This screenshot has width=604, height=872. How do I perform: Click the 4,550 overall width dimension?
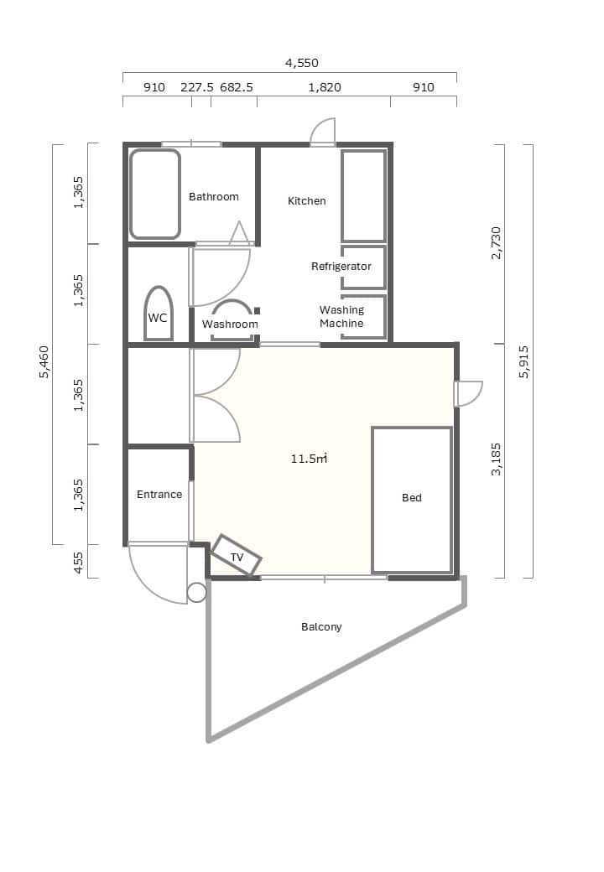[301, 63]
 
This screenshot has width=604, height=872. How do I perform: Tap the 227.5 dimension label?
[197, 87]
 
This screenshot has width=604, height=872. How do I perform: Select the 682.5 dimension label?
[237, 87]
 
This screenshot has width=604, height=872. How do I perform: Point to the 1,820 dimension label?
[325, 87]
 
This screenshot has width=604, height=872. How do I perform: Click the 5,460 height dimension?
[44, 361]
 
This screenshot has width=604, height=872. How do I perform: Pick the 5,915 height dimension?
[524, 361]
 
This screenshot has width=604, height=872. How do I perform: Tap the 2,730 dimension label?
[496, 242]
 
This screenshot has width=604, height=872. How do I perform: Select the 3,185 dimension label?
[496, 459]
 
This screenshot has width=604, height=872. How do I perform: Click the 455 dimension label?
[78, 563]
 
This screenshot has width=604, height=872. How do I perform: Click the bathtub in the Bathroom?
[155, 194]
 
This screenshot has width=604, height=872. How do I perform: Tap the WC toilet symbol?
[158, 313]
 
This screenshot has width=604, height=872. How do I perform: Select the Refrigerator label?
[341, 267]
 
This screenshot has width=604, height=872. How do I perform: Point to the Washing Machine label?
[341, 316]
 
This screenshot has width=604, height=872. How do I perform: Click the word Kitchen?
[306, 200]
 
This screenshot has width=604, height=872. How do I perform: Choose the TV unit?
[237, 555]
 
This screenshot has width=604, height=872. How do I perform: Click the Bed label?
[412, 498]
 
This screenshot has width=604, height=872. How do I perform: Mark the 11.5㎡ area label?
[309, 459]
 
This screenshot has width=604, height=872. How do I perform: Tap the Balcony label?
[321, 627]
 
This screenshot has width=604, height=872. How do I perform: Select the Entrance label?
[159, 495]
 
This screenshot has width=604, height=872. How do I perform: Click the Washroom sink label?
[230, 324]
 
